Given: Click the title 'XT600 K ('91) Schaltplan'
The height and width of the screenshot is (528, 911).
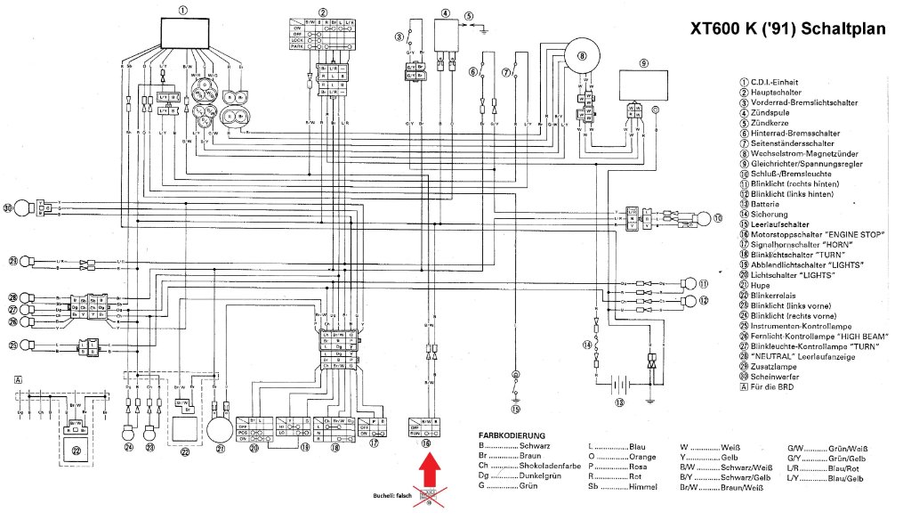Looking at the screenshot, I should pyautogui.click(x=788, y=29).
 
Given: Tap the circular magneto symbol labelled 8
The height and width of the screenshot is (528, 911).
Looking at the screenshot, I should pyautogui.click(x=584, y=55).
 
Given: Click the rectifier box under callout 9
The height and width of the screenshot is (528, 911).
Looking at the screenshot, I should pyautogui.click(x=643, y=87).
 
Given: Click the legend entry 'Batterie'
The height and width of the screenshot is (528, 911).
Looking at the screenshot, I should pyautogui.click(x=765, y=203).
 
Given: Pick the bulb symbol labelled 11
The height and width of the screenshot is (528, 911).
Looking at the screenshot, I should pyautogui.click(x=688, y=284).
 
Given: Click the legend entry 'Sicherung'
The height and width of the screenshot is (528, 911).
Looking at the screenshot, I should pyautogui.click(x=769, y=214).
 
